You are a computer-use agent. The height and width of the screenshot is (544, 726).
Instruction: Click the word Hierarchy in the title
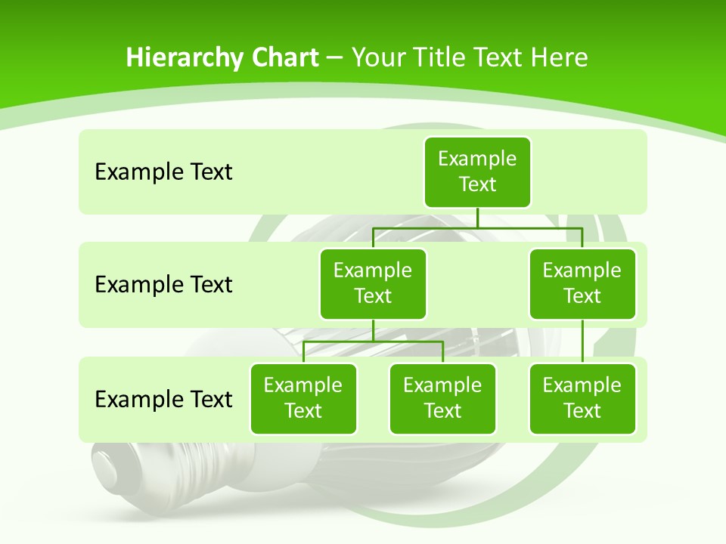(173, 57)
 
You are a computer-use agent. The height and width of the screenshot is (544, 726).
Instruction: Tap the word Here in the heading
(559, 57)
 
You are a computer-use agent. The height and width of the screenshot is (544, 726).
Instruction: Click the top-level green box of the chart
(477, 172)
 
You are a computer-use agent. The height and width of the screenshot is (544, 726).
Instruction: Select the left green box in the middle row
(373, 283)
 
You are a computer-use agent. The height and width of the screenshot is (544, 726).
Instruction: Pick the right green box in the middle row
(582, 283)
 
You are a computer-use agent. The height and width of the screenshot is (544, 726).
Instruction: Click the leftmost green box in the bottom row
(303, 398)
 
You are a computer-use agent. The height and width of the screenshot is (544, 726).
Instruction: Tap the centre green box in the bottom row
(442, 398)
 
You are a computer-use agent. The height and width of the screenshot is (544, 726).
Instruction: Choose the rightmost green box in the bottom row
(582, 398)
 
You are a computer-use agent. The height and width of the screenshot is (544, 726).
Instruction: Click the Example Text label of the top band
(163, 172)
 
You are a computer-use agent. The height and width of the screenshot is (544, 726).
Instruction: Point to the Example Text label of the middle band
(163, 285)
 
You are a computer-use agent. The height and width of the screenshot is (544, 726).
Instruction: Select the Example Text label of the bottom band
(163, 399)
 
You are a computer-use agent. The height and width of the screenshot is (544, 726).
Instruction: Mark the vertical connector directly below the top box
(477, 218)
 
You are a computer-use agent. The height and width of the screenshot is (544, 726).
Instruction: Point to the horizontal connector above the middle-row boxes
(477, 227)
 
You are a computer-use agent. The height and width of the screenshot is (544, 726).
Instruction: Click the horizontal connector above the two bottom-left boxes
(373, 342)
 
